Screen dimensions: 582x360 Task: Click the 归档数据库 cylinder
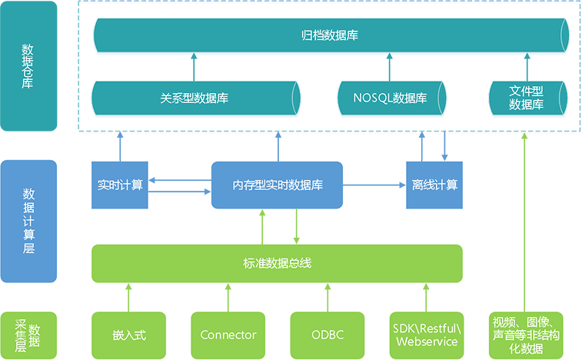pyautogui.click(x=331, y=35)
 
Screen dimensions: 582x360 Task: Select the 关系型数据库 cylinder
pyautogui.click(x=195, y=98)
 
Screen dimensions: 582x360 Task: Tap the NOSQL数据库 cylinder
pyautogui.click(x=391, y=98)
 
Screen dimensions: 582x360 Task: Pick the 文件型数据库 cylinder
pyautogui.click(x=528, y=98)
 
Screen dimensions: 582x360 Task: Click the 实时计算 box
pyautogui.click(x=120, y=185)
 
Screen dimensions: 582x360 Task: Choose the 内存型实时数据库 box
pyautogui.click(x=277, y=185)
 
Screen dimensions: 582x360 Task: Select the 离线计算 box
pyautogui.click(x=434, y=185)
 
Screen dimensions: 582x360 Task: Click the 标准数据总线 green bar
pyautogui.click(x=277, y=263)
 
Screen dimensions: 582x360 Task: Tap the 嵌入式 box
pyautogui.click(x=129, y=335)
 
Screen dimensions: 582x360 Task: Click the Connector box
pyautogui.click(x=228, y=335)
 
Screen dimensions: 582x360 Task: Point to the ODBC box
pyautogui.click(x=328, y=335)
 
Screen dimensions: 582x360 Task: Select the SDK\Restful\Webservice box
pyautogui.click(x=427, y=335)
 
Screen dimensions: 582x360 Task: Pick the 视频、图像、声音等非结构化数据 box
pyautogui.click(x=526, y=335)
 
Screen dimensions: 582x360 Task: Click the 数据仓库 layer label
pyautogui.click(x=28, y=65)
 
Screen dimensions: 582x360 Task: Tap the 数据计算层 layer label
pyautogui.click(x=28, y=222)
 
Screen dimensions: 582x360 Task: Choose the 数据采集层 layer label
pyautogui.click(x=28, y=335)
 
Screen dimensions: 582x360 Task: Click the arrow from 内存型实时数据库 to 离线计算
pyautogui.click(x=374, y=185)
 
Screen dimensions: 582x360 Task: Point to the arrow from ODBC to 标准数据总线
pyautogui.click(x=328, y=298)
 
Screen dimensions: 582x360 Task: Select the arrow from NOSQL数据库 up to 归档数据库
pyautogui.click(x=389, y=67)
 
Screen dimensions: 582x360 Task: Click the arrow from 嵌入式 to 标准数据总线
pyautogui.click(x=129, y=298)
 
